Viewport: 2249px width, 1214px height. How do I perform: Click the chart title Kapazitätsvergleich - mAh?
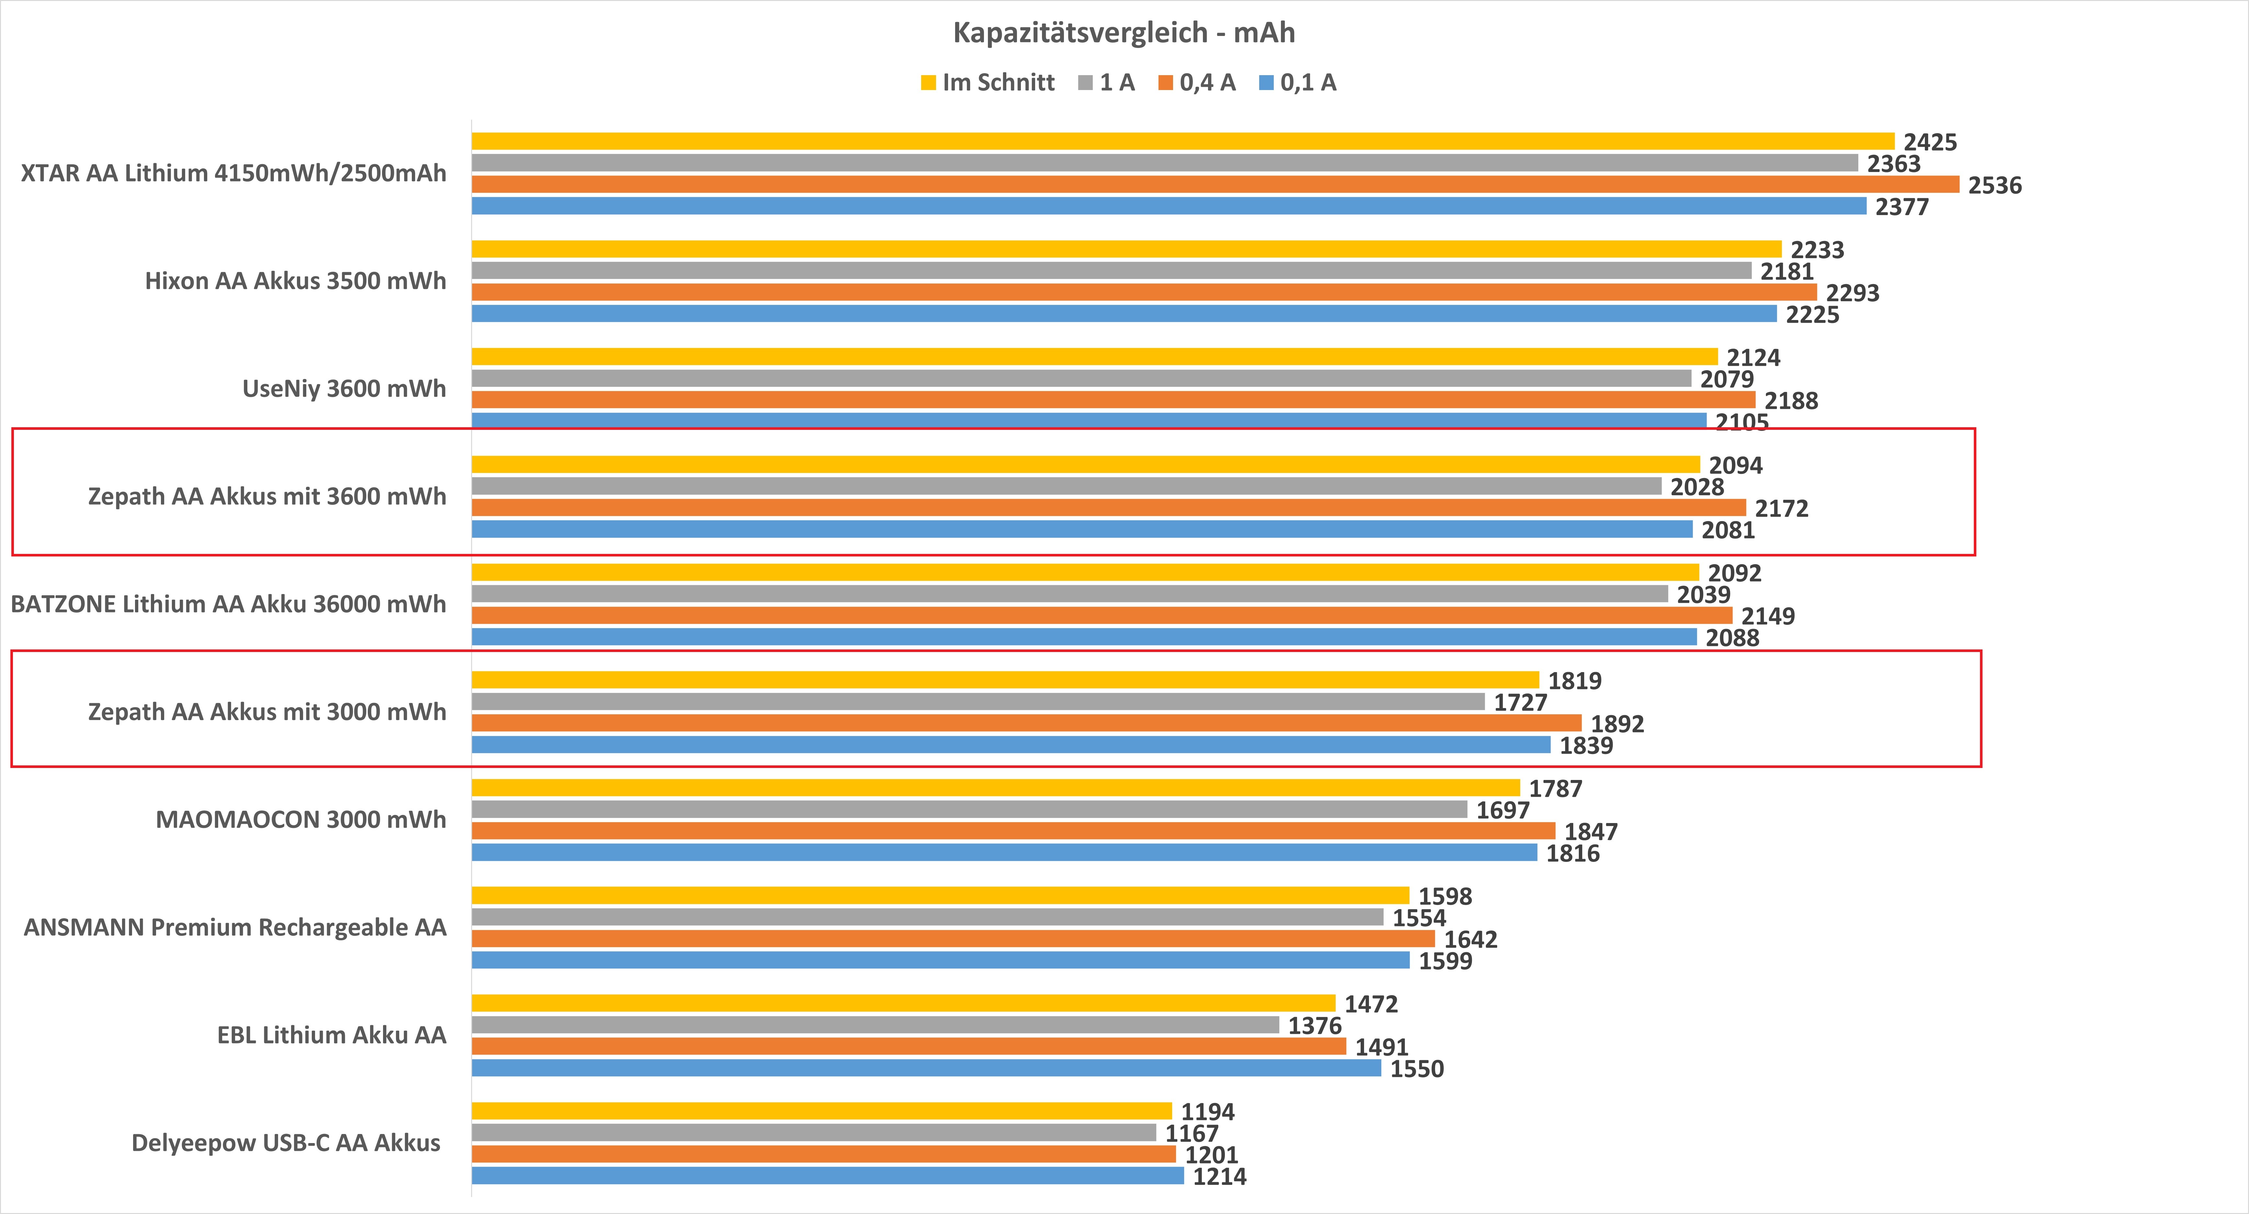(x=1124, y=32)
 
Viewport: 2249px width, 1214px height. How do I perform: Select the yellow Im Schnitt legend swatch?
(x=928, y=83)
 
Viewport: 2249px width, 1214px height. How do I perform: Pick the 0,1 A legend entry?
(x=1298, y=83)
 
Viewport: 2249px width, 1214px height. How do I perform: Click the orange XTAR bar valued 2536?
(x=1214, y=184)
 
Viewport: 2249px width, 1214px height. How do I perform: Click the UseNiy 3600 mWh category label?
(x=344, y=389)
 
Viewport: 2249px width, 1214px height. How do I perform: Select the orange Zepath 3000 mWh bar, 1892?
(x=1026, y=723)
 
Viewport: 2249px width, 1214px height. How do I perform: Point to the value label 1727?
(x=1520, y=702)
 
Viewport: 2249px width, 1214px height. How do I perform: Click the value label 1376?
(x=1314, y=1025)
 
